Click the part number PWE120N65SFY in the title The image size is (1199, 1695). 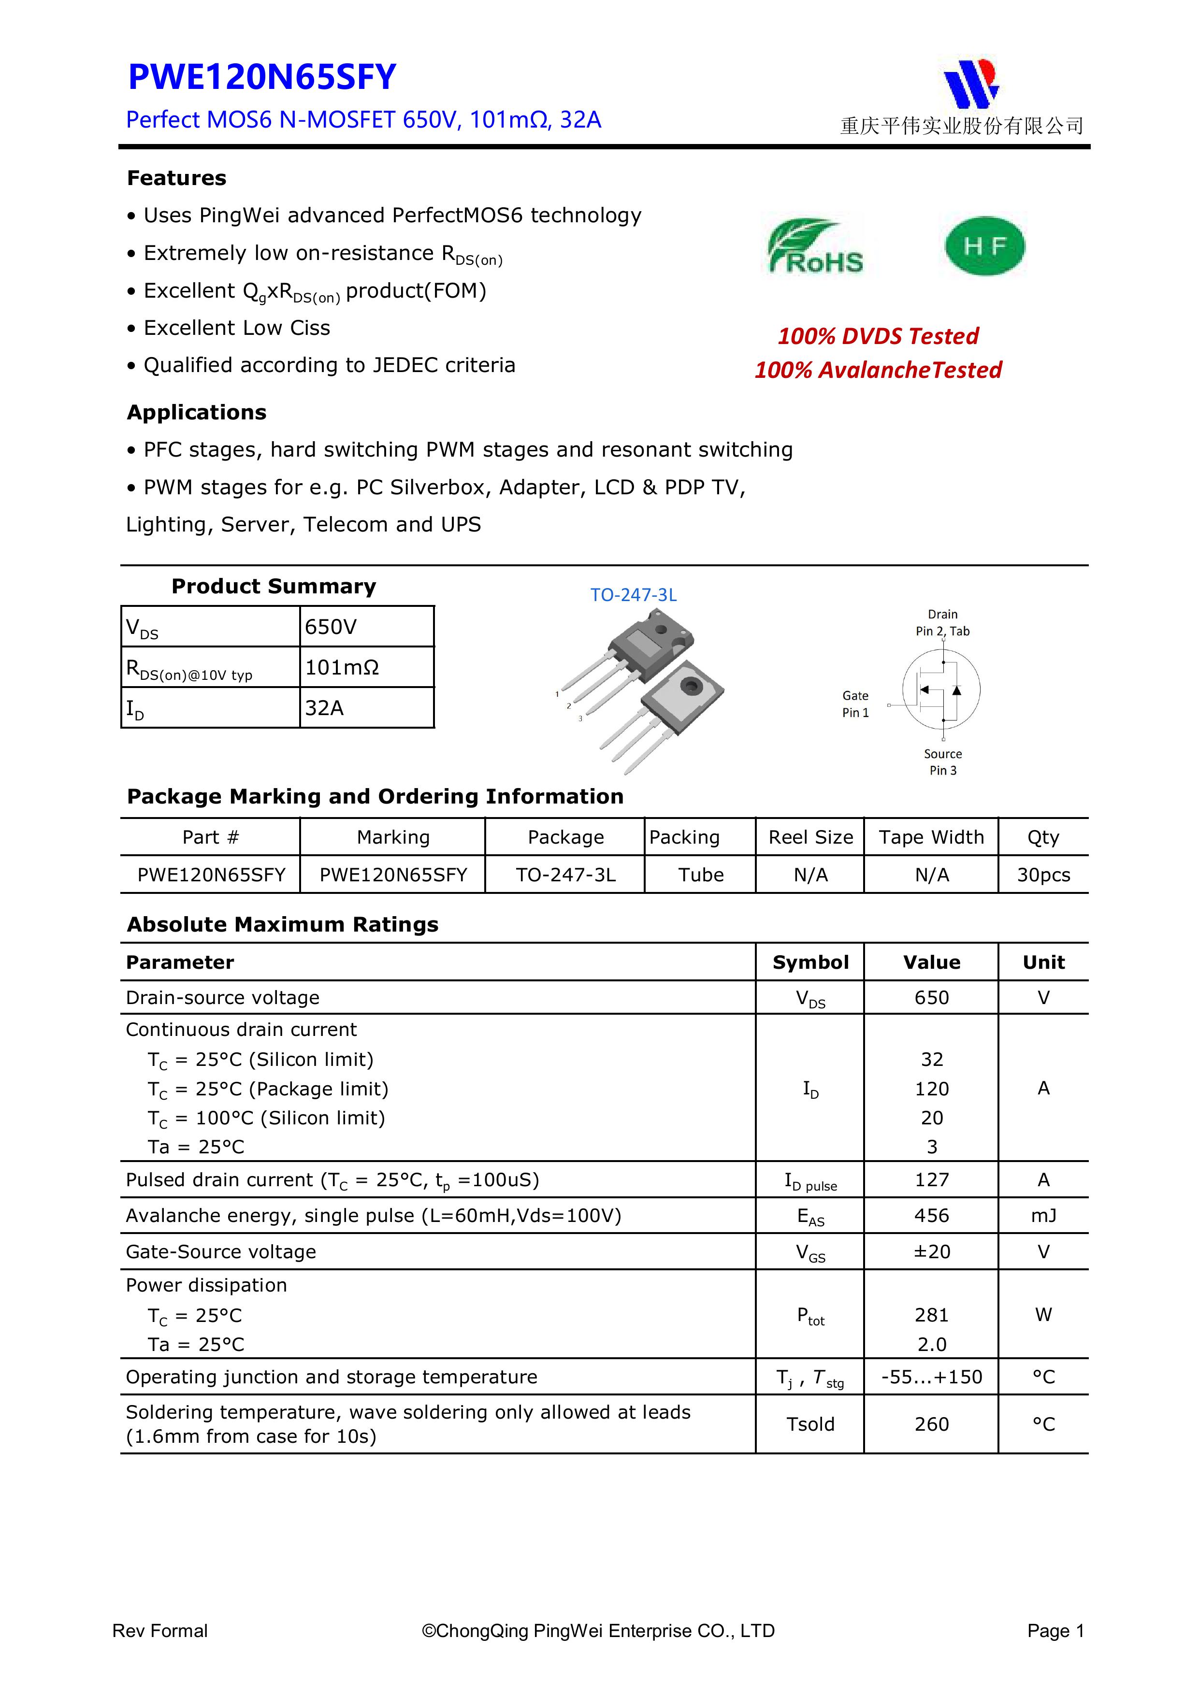tap(262, 77)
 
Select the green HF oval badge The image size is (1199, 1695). tap(985, 246)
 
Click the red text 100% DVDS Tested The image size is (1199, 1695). tap(878, 336)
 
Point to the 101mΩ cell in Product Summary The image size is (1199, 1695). tap(342, 667)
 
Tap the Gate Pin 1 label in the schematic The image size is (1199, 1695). tap(856, 704)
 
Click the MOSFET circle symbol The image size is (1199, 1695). tap(941, 689)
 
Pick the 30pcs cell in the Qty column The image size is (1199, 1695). tap(1043, 875)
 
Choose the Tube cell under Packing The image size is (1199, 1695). tap(701, 875)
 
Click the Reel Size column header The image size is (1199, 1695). tap(810, 837)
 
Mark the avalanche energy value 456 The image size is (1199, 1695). tap(932, 1215)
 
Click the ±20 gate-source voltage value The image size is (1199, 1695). tap(932, 1251)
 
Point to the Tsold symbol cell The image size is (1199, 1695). tap(810, 1424)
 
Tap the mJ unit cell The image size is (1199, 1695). tap(1043, 1215)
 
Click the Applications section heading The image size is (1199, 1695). tap(196, 412)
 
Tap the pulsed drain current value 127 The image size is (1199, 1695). tap(932, 1180)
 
